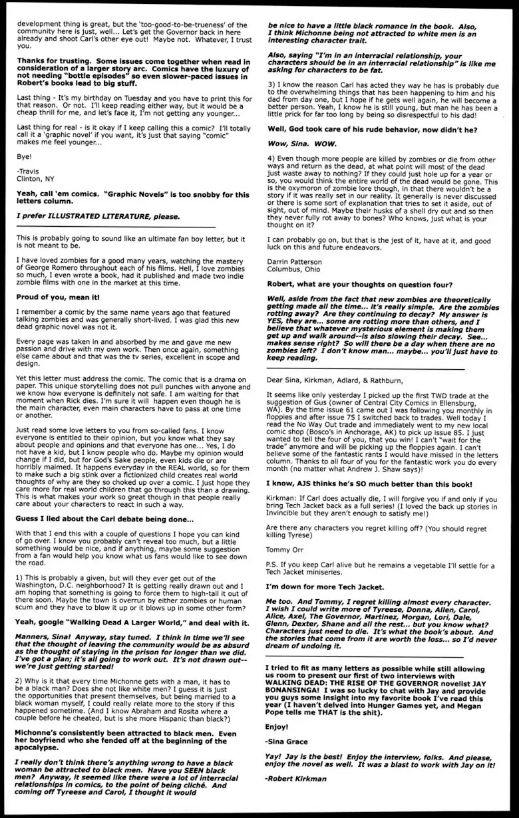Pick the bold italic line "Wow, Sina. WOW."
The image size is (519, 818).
[x=305, y=142]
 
